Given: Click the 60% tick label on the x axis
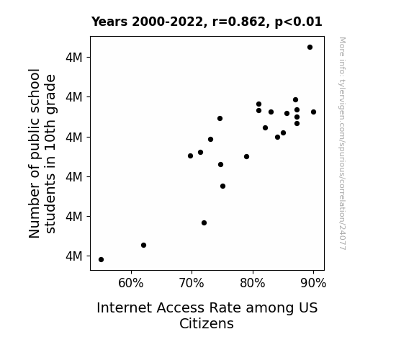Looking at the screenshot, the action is tap(131, 284).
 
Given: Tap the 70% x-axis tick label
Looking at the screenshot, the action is tap(192, 284).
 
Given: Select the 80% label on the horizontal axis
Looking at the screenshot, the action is tap(253, 284).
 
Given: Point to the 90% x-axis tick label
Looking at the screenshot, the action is tap(313, 284).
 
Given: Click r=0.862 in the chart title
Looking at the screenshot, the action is tap(239, 22).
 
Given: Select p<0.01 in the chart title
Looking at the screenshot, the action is tap(298, 22).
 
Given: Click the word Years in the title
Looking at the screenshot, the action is tap(109, 22).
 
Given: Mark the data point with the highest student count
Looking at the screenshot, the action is tap(310, 48).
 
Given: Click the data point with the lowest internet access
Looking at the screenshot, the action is tap(101, 260).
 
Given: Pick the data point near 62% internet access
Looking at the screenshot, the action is tap(143, 245).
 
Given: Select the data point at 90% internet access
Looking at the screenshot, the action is tap(313, 112).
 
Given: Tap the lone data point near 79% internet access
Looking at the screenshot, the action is tap(247, 157).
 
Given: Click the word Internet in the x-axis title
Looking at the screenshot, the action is tap(125, 308).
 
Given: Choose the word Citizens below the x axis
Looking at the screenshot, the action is tap(207, 323).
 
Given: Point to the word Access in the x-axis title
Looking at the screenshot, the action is tap(180, 308).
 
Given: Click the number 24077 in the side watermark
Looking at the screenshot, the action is tap(342, 237).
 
